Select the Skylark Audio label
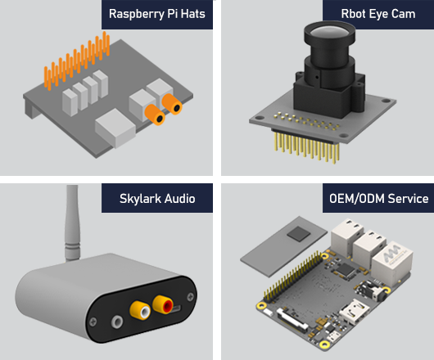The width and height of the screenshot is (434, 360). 157,199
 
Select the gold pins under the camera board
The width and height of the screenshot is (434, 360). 303,147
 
